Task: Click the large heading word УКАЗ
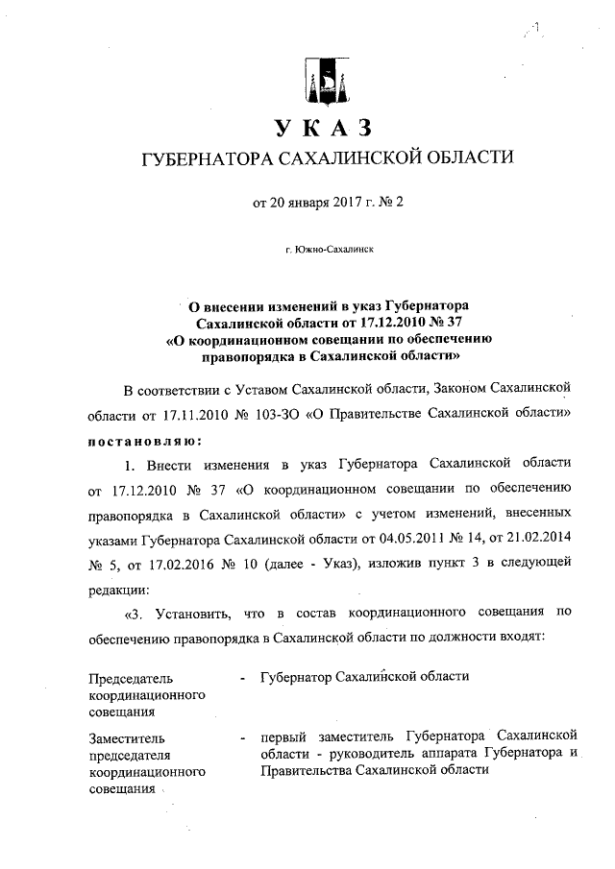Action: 322,127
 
